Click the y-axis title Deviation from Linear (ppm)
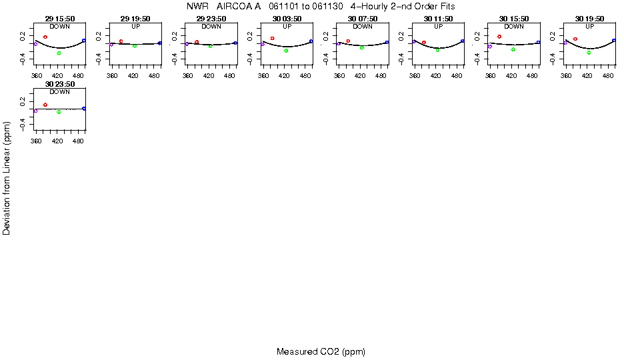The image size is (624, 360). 7,178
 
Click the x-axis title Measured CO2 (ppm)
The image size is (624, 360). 321,351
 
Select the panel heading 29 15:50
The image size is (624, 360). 60,19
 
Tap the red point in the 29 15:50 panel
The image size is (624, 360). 45,37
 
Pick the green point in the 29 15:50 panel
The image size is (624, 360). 59,53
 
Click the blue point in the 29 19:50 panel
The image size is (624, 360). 160,43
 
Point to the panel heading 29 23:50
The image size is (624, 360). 211,19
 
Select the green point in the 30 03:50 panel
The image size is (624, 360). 286,51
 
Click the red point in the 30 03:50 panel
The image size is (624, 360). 273,38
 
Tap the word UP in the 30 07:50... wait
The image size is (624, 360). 363,27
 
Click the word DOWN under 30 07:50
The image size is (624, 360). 363,27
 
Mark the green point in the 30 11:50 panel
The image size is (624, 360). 437,50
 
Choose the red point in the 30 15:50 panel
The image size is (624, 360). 499,36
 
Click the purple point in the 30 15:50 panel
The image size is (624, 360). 489,47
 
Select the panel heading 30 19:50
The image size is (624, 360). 590,19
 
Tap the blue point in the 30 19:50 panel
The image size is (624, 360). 614,41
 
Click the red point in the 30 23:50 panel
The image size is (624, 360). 45,105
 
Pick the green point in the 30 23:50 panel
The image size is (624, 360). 59,112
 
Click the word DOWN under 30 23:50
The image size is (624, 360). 60,92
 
